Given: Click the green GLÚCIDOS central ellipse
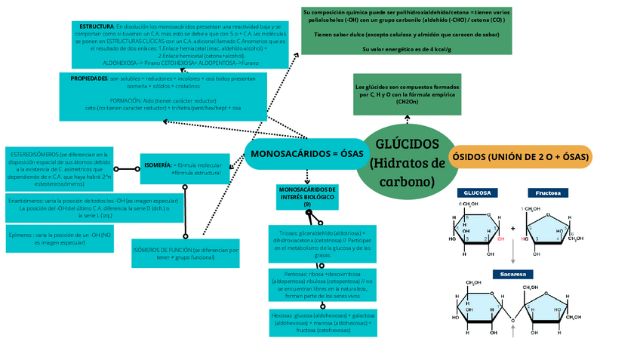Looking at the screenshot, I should pyautogui.click(x=407, y=162).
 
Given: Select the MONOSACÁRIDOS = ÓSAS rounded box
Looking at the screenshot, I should pyautogui.click(x=306, y=155).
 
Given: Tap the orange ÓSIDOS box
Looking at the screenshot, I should pyautogui.click(x=521, y=156).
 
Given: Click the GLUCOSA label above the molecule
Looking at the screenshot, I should pyautogui.click(x=477, y=193).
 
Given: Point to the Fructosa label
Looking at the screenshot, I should pyautogui.click(x=548, y=193).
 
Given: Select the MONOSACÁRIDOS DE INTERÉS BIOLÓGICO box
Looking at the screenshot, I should pyautogui.click(x=307, y=196).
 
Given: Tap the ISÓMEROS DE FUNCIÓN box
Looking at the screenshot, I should pyautogui.click(x=186, y=254).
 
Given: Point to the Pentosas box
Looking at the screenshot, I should pyautogui.click(x=323, y=285).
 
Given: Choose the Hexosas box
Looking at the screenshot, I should pyautogui.click(x=323, y=322).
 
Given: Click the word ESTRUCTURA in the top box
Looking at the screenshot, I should pyautogui.click(x=96, y=26).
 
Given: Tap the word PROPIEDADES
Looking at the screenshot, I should pyautogui.click(x=89, y=78).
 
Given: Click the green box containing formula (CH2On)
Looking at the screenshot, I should pyautogui.click(x=407, y=94).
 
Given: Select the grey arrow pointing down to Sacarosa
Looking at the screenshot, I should pyautogui.click(x=512, y=252).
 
